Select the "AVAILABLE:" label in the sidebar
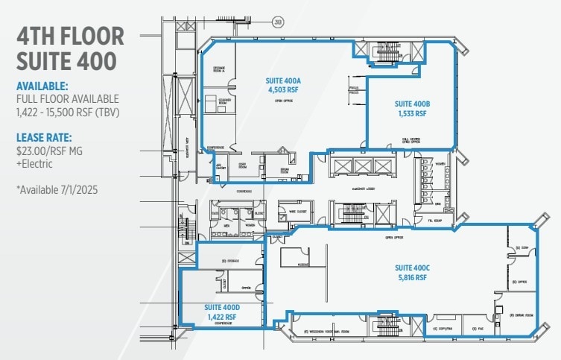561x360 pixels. [x=42, y=85]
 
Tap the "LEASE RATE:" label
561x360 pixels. [x=44, y=136]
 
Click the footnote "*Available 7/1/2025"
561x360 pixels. [x=56, y=190]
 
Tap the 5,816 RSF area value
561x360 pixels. [x=411, y=277]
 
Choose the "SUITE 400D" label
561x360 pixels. [x=221, y=306]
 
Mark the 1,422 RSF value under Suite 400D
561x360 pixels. [x=221, y=317]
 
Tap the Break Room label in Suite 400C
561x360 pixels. [x=519, y=316]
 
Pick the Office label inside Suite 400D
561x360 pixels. [x=244, y=286]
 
